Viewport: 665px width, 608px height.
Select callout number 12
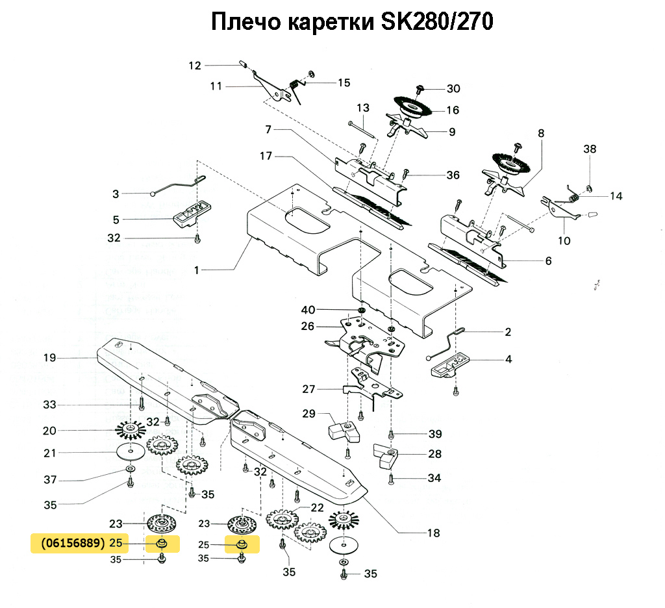coord(195,65)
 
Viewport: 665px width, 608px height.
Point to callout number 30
coord(453,88)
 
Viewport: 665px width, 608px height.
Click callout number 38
coord(589,149)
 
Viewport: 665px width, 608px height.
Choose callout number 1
coord(197,270)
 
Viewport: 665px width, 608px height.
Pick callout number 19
coord(50,358)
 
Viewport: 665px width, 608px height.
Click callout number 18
coord(433,533)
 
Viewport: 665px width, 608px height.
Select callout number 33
coord(50,405)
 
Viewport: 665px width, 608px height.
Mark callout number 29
coord(308,414)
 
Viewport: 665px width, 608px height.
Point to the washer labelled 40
coord(360,309)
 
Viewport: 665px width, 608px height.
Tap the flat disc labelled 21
coord(131,452)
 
